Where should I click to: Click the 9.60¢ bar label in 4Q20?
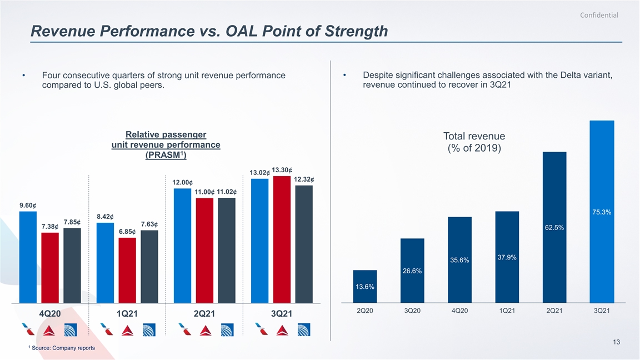coord(27,206)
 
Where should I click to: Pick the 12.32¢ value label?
coord(304,179)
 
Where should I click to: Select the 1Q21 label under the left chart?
coord(127,313)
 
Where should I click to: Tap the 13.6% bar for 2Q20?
coord(364,286)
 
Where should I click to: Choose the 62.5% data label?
coord(554,227)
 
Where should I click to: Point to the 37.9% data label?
coord(507,257)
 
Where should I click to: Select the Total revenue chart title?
coord(474,142)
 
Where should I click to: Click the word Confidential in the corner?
coord(599,15)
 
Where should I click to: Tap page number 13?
coord(616,342)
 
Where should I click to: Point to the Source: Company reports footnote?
coord(63,348)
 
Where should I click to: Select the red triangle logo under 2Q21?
coord(204,331)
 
